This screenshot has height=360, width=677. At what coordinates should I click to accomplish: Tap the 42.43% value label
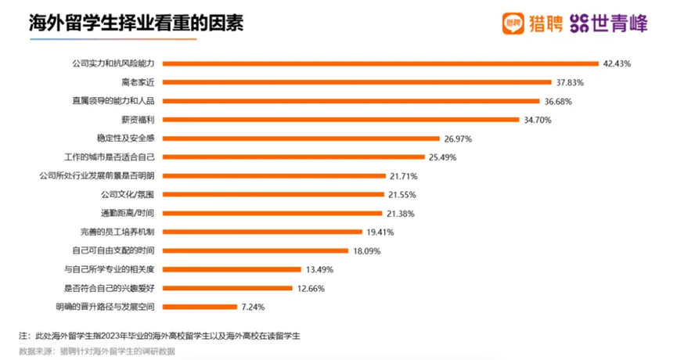(617, 63)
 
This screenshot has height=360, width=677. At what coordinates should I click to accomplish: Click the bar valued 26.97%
(301, 139)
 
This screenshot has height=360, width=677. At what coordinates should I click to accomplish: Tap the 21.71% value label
(404, 176)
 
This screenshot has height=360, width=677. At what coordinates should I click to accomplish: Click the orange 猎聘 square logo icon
(512, 23)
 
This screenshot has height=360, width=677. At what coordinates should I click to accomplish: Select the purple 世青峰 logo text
(618, 23)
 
